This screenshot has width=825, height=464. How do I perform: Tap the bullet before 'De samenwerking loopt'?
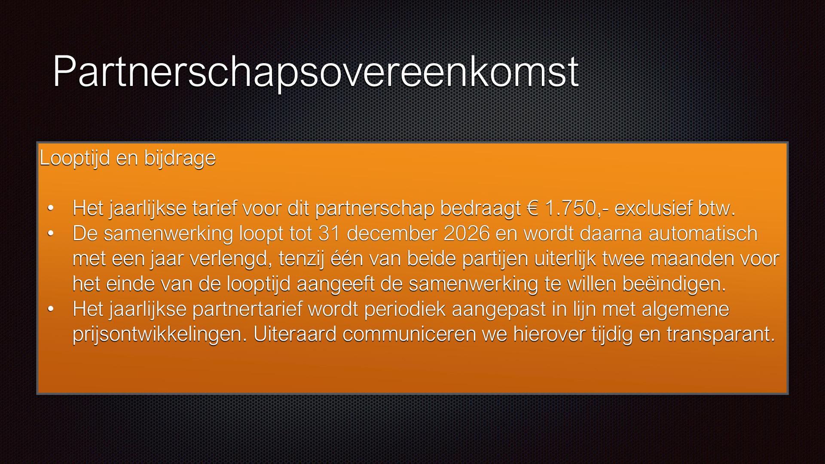pos(51,233)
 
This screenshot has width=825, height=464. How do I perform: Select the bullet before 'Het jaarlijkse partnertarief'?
pos(51,309)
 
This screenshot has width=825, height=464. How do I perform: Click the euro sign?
pos(533,208)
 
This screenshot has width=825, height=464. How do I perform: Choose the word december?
pos(392,234)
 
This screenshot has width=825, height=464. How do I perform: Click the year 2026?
pos(467,234)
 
